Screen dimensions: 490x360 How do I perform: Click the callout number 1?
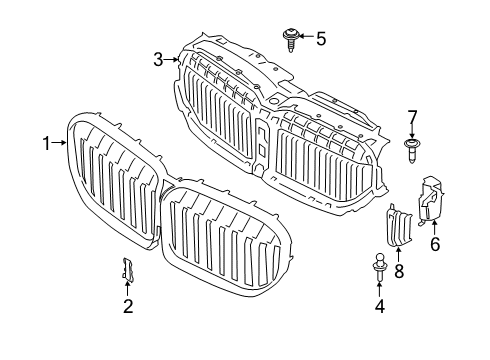(x=45, y=143)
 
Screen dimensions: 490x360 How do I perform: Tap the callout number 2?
(x=128, y=308)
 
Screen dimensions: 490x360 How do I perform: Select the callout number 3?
(x=158, y=60)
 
